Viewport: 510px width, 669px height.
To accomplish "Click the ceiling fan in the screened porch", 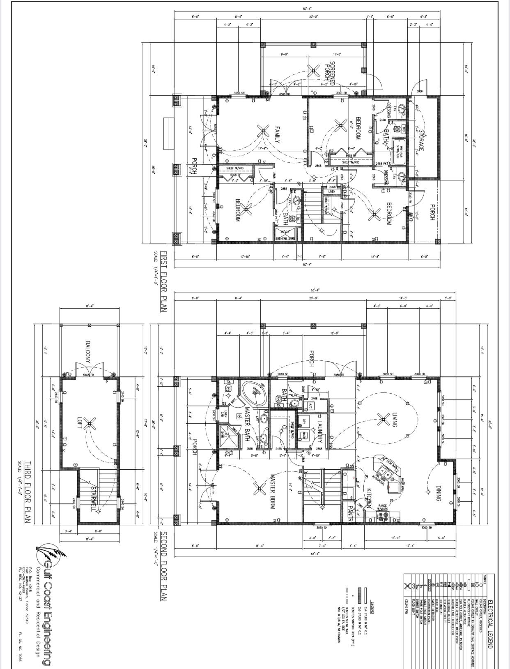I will pyautogui.click(x=314, y=71).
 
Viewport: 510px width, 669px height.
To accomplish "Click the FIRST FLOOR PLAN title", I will pyautogui.click(x=163, y=281).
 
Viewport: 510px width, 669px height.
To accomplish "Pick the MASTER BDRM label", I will pyautogui.click(x=272, y=491).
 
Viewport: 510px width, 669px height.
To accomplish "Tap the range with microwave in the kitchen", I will pyautogui.click(x=384, y=514).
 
